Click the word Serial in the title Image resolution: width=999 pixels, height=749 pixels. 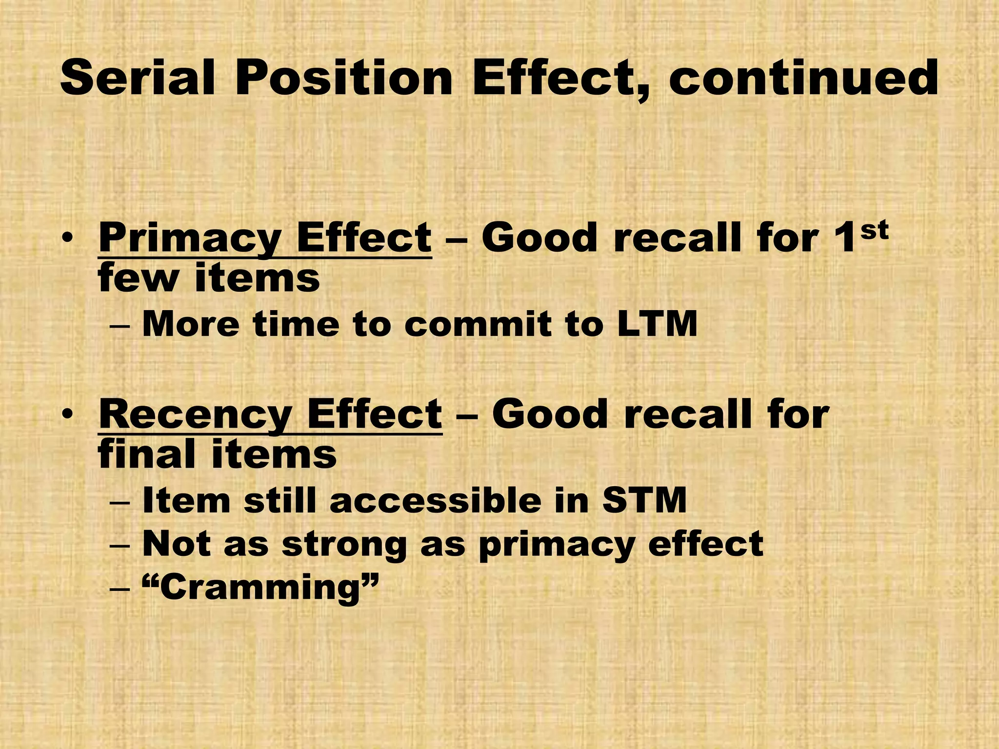pyautogui.click(x=137, y=78)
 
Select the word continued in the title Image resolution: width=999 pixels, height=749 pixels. pyautogui.click(x=803, y=78)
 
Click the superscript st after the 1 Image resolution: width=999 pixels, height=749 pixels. pyautogui.click(x=874, y=230)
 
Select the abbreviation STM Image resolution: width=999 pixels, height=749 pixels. pyautogui.click(x=644, y=501)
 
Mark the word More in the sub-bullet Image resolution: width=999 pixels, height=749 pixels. pyautogui.click(x=190, y=324)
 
